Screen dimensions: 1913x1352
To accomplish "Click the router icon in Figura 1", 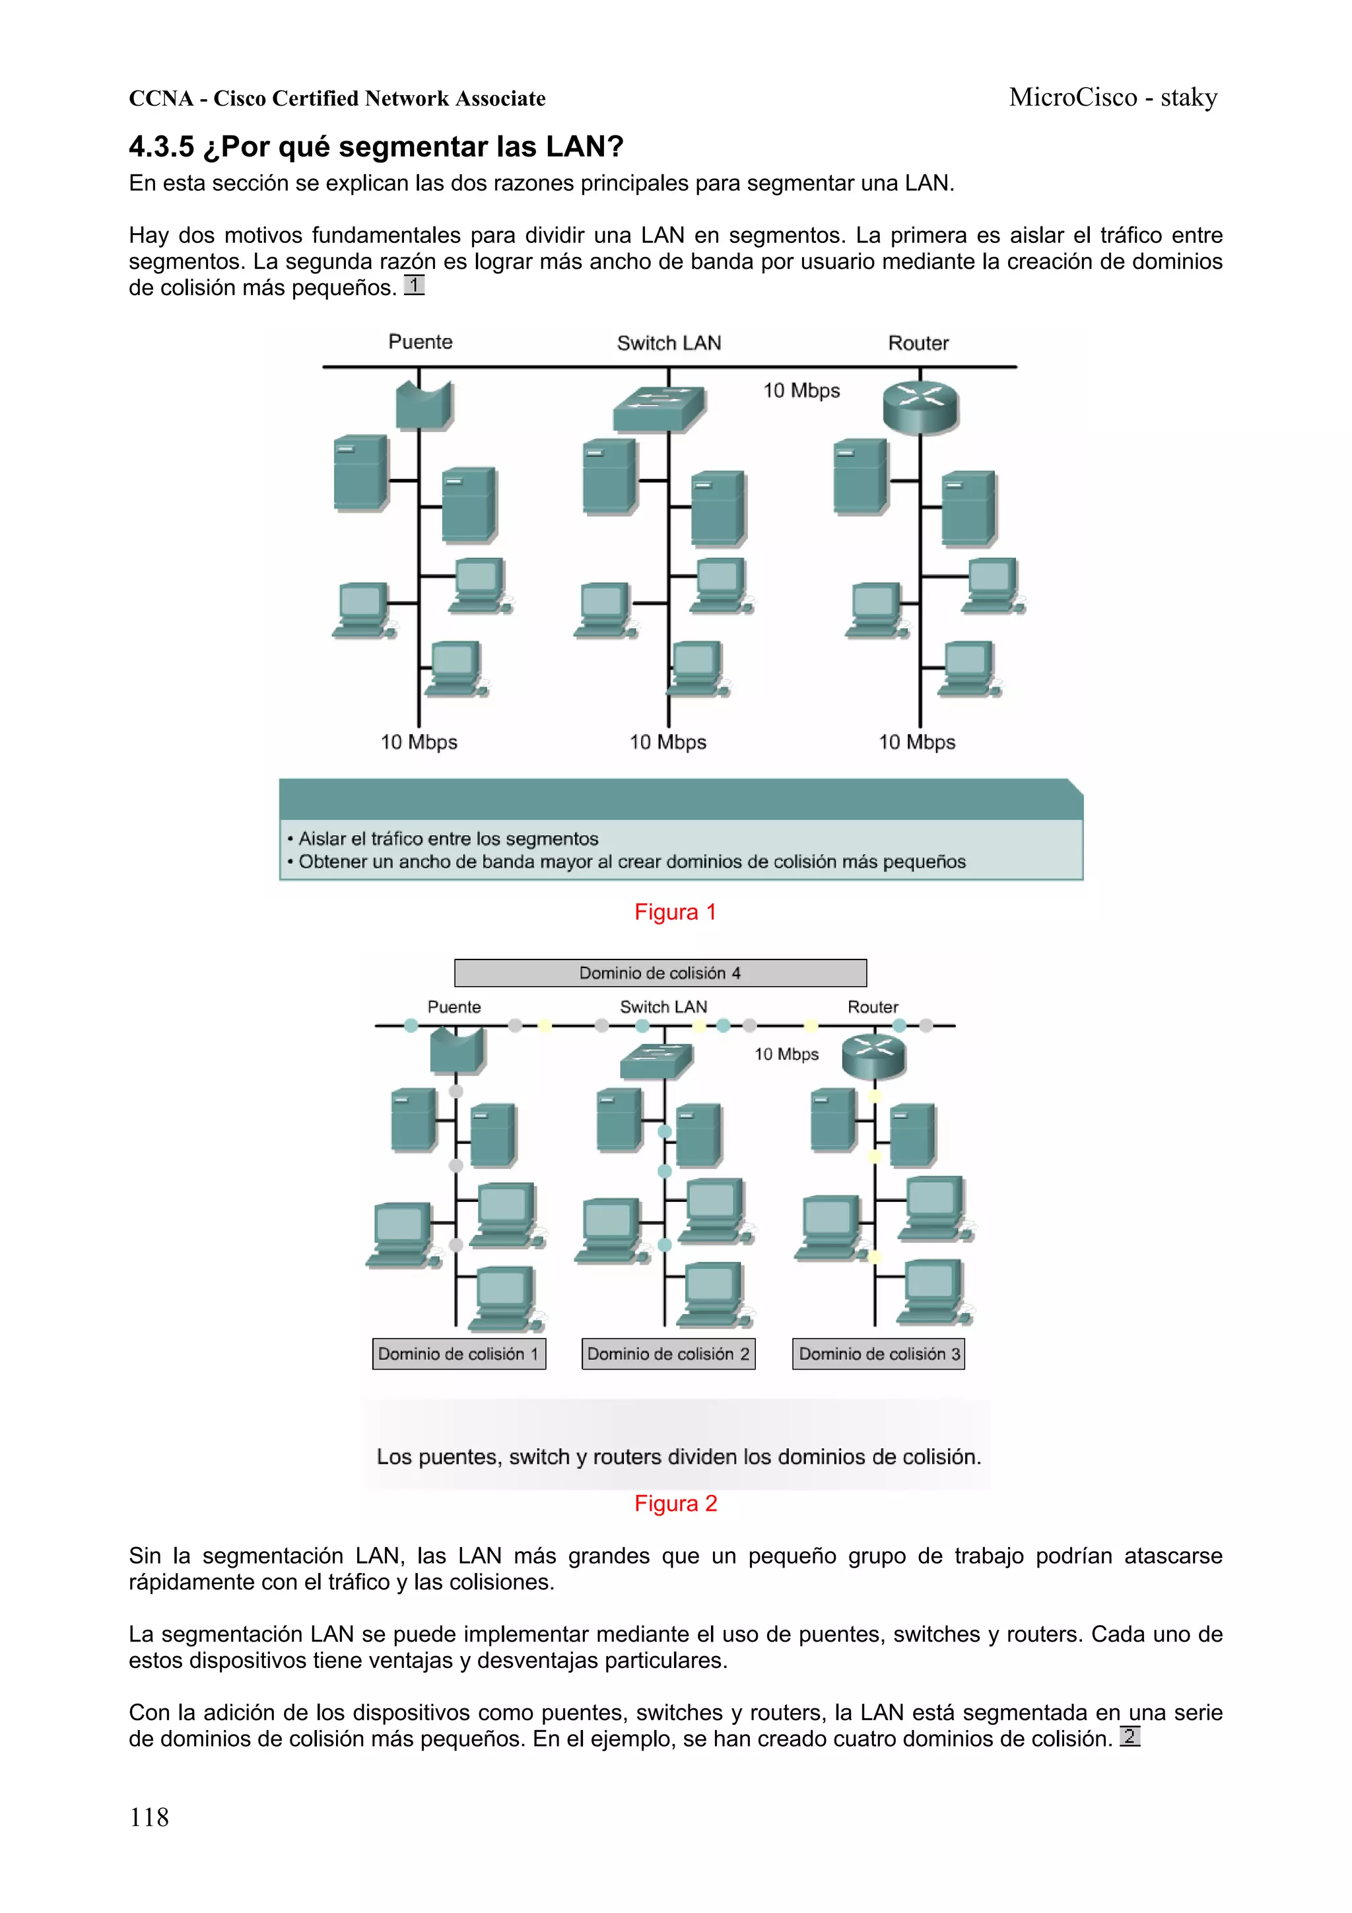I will coord(920,407).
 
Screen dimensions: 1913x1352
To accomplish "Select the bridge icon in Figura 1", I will coord(424,405).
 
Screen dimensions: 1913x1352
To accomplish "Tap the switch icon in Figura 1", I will coord(659,409).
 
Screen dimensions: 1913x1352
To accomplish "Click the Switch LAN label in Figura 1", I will coord(669,343).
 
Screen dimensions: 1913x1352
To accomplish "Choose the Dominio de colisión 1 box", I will coord(459,1354).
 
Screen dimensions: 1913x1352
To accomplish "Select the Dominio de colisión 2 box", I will coord(668,1354).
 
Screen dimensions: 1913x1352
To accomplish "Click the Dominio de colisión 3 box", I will coord(878,1354).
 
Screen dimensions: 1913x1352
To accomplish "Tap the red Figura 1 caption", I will coord(675,913).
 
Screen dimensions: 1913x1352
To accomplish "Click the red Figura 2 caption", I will coord(675,1504).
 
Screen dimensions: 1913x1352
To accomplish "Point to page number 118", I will coord(149,1817).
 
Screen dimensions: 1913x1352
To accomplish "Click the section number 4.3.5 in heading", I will coord(161,147).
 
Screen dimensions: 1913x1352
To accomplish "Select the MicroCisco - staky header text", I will coord(1113,98).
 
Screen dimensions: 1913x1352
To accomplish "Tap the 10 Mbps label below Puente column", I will coord(419,742).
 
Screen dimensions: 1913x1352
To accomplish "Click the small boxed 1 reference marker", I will coord(414,286).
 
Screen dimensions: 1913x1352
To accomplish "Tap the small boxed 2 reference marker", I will coord(1129,1737).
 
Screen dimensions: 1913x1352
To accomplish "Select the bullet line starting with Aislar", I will coord(448,839).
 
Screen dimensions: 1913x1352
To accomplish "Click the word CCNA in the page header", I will coord(160,99).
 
